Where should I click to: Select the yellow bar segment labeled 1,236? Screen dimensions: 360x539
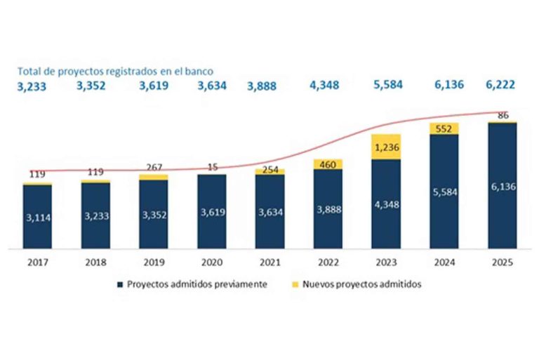(386, 147)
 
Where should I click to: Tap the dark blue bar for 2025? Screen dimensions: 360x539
(503, 186)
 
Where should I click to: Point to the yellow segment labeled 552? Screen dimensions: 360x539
(444, 128)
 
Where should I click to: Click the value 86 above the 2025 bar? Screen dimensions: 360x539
(503, 115)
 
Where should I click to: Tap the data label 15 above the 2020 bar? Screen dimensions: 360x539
(212, 166)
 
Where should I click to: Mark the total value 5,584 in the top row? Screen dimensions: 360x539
(386, 86)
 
